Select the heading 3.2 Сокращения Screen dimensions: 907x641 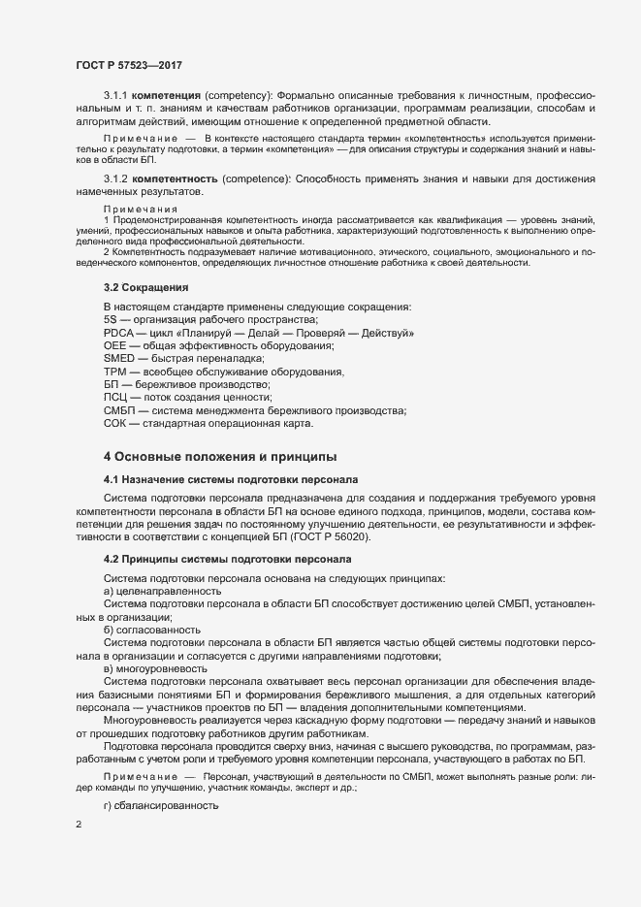(145, 288)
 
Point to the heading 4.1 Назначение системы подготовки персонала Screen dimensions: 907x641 (231, 479)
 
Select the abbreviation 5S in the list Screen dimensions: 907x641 (110, 320)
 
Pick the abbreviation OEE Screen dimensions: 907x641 (113, 346)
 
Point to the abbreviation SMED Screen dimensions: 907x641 (117, 359)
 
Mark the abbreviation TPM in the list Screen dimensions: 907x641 (113, 373)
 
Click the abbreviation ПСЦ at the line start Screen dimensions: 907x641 (114, 398)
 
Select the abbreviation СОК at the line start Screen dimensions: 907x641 (114, 423)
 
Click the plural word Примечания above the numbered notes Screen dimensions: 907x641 (140, 210)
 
